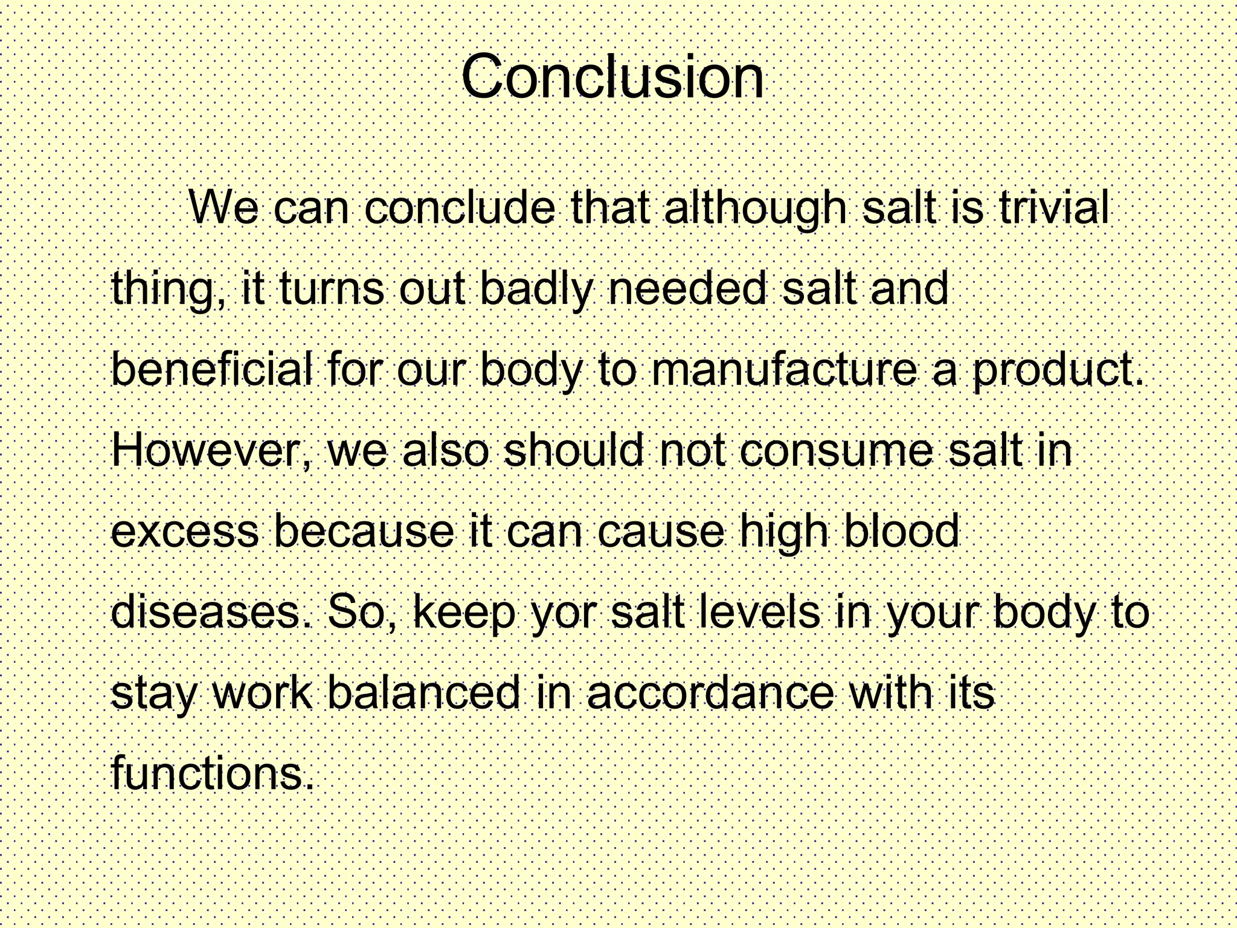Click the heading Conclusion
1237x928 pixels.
pos(612,77)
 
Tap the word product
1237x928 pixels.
pos(1057,370)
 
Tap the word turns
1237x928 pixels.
pos(331,289)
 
